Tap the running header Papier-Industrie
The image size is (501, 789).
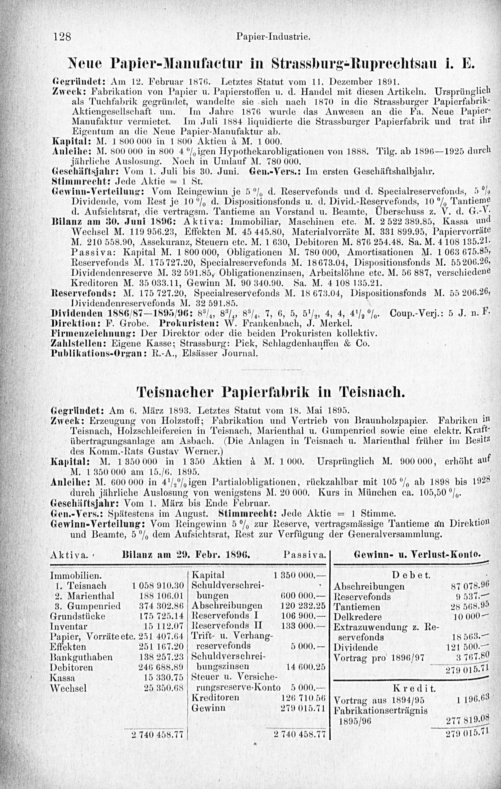tap(273, 37)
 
